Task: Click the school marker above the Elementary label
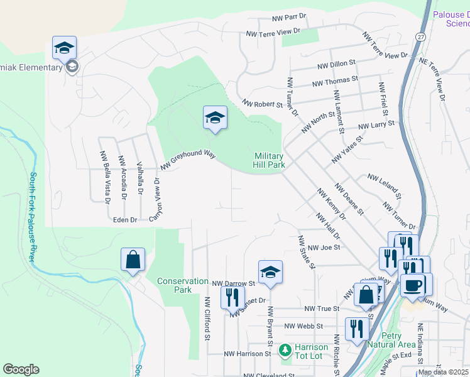(64, 48)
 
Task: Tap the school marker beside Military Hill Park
(215, 118)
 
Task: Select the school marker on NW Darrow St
(270, 273)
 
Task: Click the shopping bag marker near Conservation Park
(133, 260)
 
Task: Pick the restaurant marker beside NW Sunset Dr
(232, 297)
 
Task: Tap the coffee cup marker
(413, 285)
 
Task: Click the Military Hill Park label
(270, 161)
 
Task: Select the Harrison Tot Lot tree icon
(285, 349)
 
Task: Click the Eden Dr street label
(124, 220)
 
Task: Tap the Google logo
(21, 369)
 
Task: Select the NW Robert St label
(262, 104)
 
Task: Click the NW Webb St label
(303, 326)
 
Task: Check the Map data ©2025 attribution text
(443, 372)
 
